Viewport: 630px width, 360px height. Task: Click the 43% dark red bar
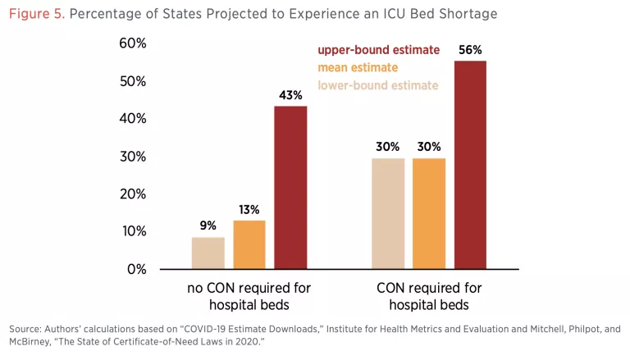tap(290, 188)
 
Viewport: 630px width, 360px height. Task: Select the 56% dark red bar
tap(470, 165)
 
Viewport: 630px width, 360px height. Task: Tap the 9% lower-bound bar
tap(208, 253)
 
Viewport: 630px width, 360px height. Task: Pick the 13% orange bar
tap(249, 244)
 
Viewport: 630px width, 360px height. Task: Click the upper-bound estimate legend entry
tap(378, 50)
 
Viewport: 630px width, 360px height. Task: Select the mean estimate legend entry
tap(358, 67)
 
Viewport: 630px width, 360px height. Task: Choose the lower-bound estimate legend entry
tap(377, 85)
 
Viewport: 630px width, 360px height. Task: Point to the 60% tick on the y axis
tap(131, 43)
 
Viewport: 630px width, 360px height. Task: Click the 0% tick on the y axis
tap(135, 269)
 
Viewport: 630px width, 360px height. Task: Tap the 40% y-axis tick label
tap(131, 119)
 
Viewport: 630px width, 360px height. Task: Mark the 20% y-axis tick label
tap(131, 194)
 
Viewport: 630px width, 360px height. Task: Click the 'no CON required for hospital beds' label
tap(249, 296)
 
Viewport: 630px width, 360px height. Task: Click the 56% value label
tap(470, 50)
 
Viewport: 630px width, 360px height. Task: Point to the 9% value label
tap(208, 226)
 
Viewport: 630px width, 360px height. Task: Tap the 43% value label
tap(290, 95)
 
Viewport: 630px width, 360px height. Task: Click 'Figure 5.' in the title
tap(36, 14)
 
